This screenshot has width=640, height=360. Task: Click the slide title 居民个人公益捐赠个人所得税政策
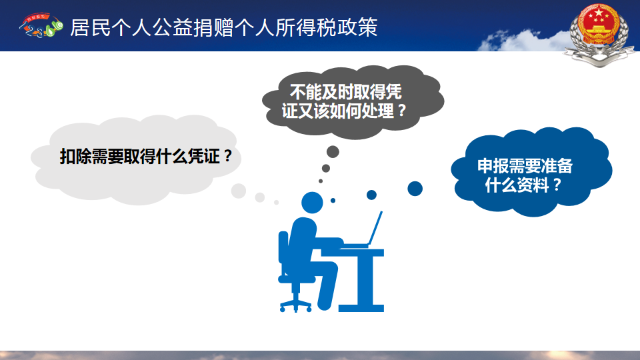[224, 28]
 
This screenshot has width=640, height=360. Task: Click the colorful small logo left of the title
[41, 25]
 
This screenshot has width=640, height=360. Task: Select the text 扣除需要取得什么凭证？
[146, 156]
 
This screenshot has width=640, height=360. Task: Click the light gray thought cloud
[136, 159]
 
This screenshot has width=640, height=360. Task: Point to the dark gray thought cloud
[353, 102]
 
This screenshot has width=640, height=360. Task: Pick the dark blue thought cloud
[531, 171]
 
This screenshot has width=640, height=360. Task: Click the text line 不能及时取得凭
[346, 92]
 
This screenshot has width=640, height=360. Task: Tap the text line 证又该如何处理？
[344, 111]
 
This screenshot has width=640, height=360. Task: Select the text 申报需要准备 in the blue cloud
[525, 166]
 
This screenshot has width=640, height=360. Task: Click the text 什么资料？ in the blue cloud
[523, 185]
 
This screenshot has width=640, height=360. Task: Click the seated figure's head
[312, 203]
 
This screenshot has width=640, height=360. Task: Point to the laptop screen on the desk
[375, 228]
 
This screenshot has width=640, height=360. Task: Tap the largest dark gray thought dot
[333, 152]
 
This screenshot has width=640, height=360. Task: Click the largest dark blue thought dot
[415, 189]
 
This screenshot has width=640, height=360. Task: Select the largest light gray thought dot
[239, 191]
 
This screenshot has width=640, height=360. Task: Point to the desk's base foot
[361, 308]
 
